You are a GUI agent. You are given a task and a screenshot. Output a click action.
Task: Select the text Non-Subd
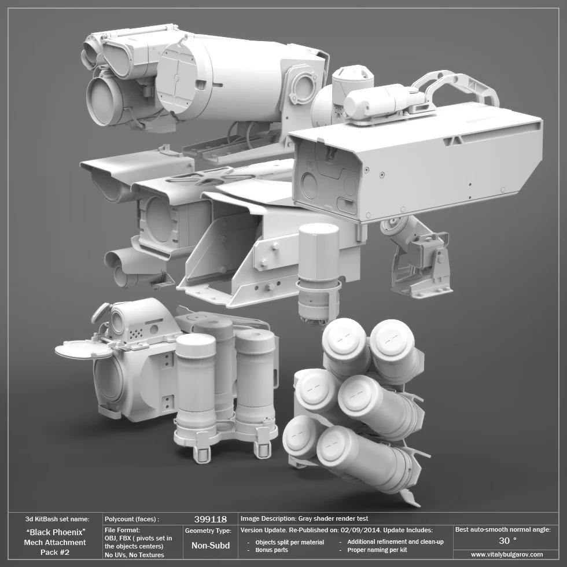coord(210,545)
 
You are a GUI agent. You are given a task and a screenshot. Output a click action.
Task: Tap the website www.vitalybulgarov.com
coord(507,554)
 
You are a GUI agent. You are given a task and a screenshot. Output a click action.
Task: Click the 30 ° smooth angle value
coord(507,541)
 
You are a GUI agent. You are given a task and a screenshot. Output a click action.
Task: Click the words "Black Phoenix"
coord(56,532)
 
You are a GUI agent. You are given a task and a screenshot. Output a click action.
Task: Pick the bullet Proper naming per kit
coord(377,550)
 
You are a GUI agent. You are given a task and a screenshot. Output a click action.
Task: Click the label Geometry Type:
coord(208,530)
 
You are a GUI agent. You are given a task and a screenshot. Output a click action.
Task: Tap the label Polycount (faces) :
coord(131,519)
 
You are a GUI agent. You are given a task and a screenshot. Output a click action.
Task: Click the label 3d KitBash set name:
coord(57,519)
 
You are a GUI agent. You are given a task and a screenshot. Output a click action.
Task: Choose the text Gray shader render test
coord(333,518)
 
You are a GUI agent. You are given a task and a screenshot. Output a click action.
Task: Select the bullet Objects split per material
coord(289,542)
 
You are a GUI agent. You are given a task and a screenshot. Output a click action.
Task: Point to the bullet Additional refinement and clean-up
coord(395,542)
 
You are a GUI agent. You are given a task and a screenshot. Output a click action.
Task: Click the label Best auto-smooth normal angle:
coord(502,529)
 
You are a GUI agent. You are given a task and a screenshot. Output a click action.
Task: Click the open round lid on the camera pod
coord(83,349)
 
